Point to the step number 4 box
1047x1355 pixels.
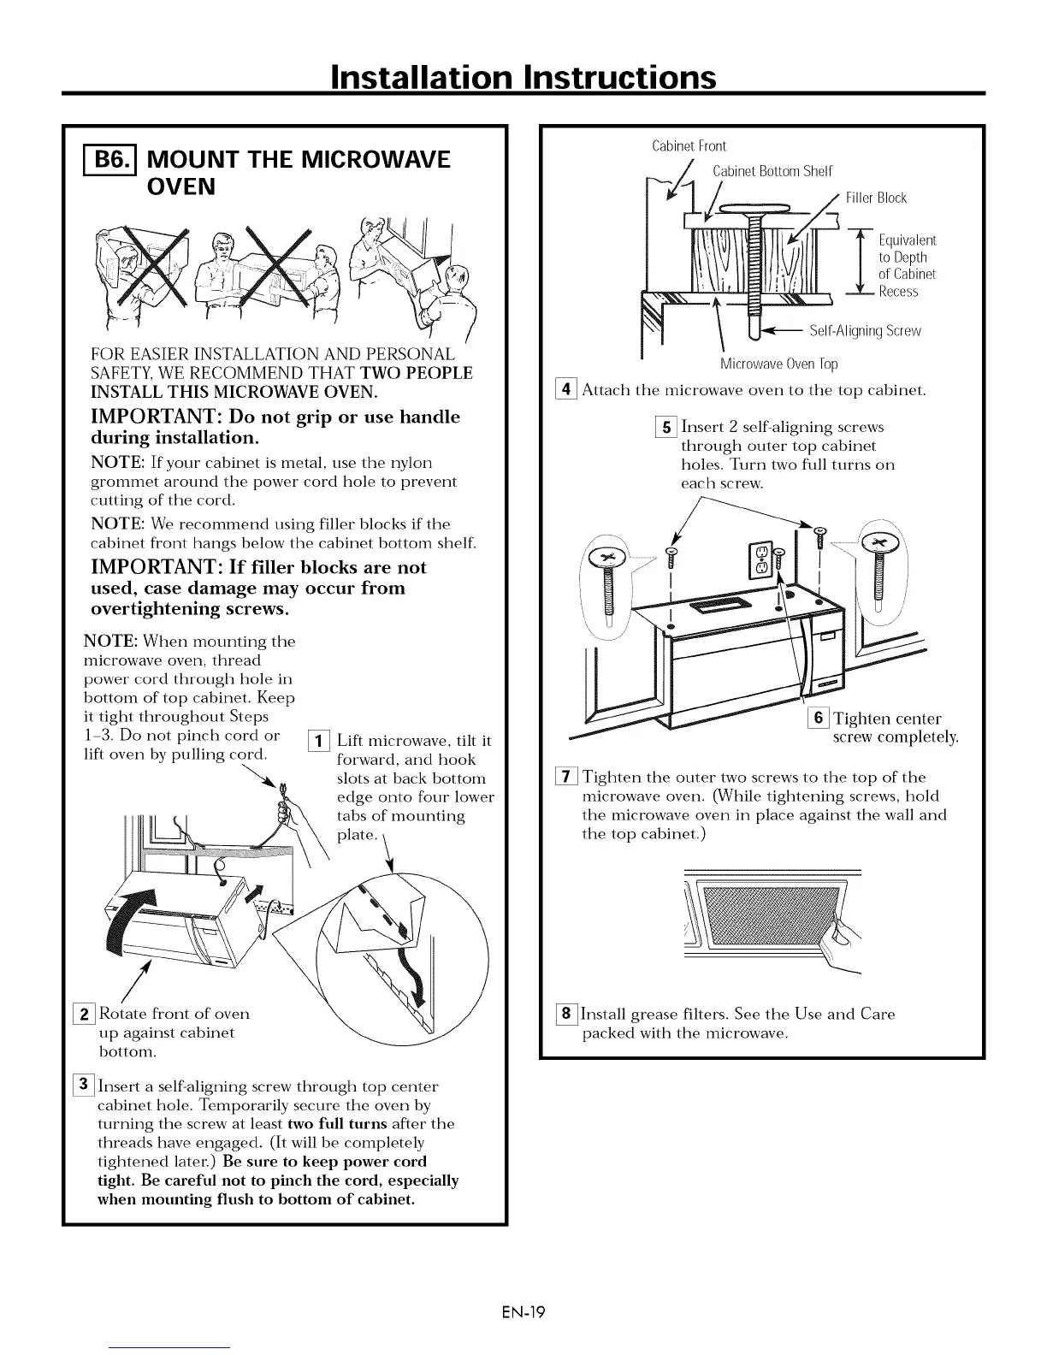point(568,391)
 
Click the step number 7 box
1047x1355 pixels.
point(568,777)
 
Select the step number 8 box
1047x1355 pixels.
point(568,1015)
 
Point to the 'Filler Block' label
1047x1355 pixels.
point(875,198)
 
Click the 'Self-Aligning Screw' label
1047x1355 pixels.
point(865,331)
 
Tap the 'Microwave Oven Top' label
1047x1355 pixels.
point(778,364)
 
